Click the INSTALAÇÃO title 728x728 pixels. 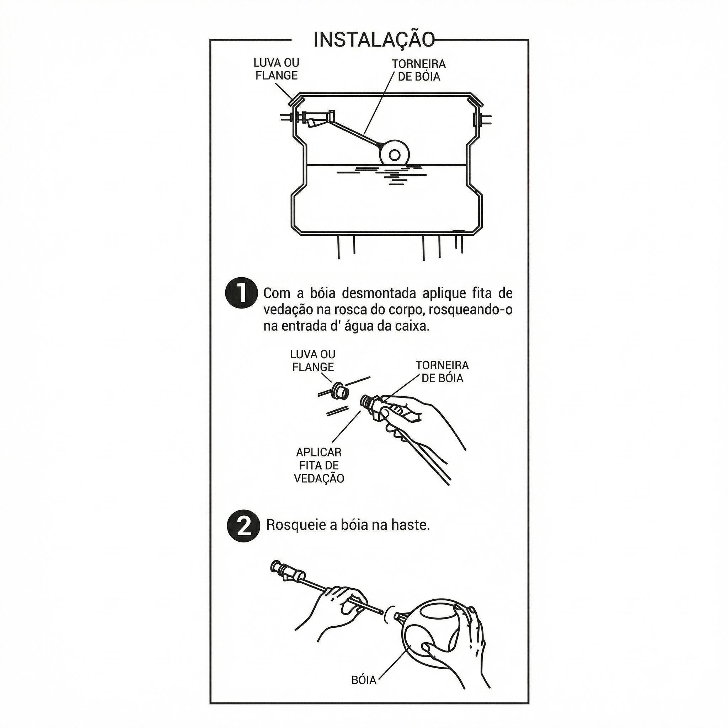pos(374,39)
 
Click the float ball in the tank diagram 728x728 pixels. pos(394,155)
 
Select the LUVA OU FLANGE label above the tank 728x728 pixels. pos(277,69)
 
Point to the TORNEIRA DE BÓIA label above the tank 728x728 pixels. pos(419,70)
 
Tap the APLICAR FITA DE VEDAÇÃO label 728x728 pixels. pos(319,465)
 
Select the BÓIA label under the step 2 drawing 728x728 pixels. pos(364,680)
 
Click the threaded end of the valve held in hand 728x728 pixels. pos(367,401)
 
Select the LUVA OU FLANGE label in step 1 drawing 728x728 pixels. pos(313,360)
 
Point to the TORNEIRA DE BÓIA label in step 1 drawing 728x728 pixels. pos(442,371)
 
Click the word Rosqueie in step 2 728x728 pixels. pos(296,525)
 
